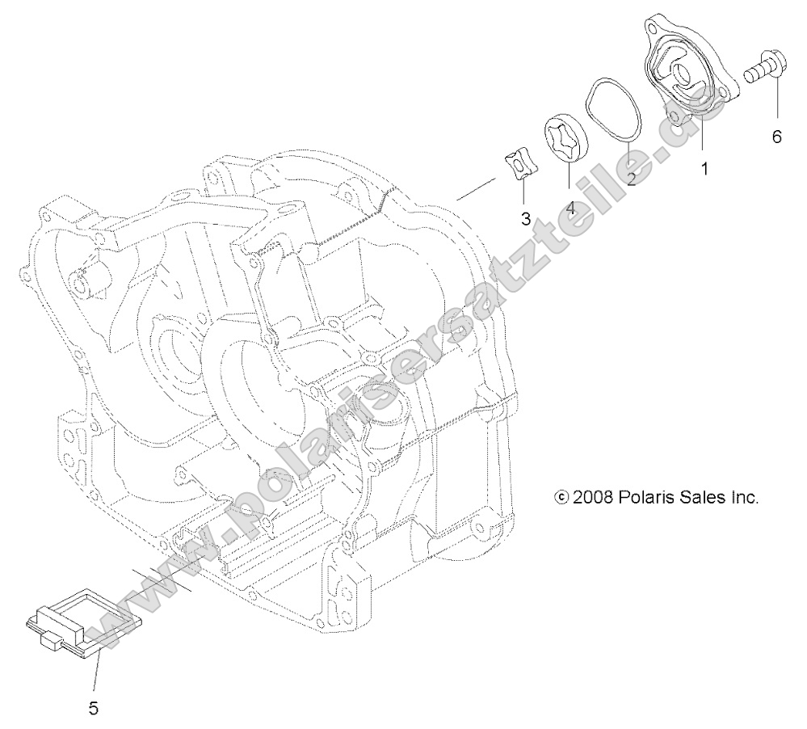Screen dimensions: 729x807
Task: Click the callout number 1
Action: point(704,169)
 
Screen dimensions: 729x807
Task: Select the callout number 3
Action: point(526,218)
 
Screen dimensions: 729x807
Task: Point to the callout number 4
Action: point(570,208)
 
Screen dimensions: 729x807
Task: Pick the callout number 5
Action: point(93,709)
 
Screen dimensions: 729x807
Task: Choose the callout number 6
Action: point(776,137)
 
